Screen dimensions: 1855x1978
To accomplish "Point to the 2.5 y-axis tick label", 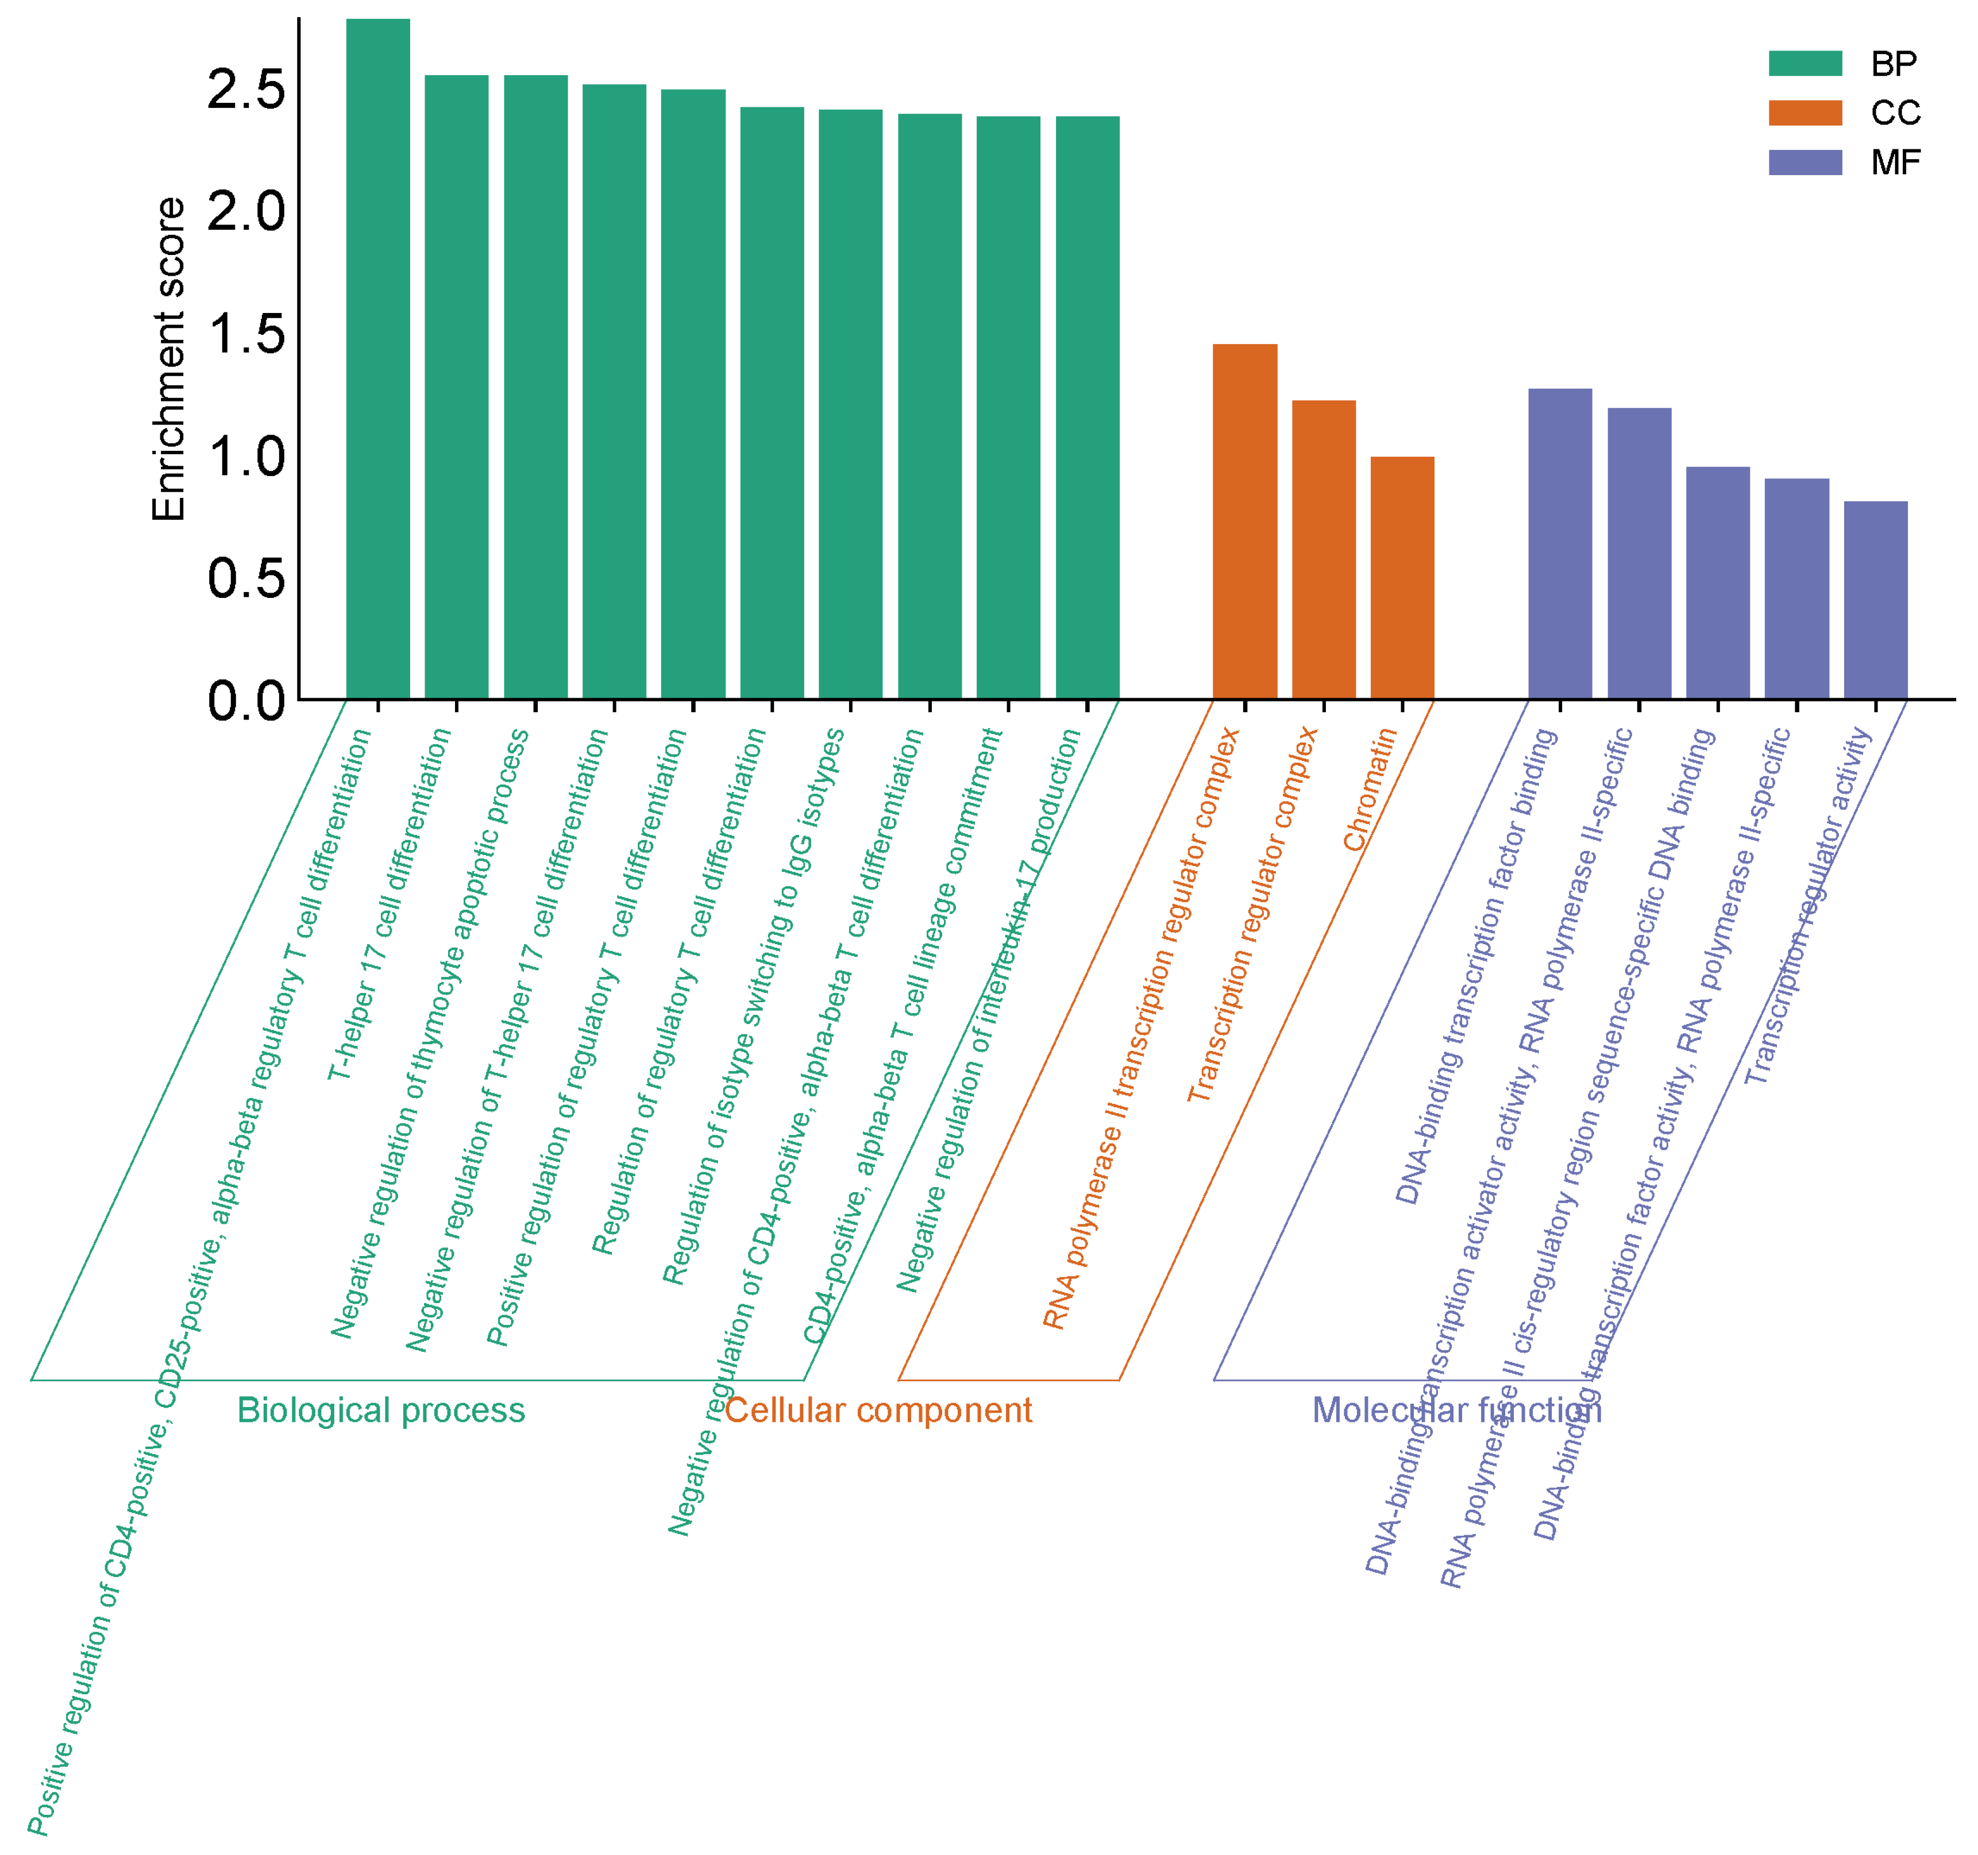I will (246, 90).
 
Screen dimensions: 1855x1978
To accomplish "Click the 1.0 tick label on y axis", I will (246, 457).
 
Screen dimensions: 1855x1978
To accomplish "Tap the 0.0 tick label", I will (246, 701).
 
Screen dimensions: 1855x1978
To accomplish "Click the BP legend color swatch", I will (1805, 64).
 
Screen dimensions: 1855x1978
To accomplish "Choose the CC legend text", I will (1895, 113).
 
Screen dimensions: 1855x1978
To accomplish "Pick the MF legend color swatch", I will (1805, 162).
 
